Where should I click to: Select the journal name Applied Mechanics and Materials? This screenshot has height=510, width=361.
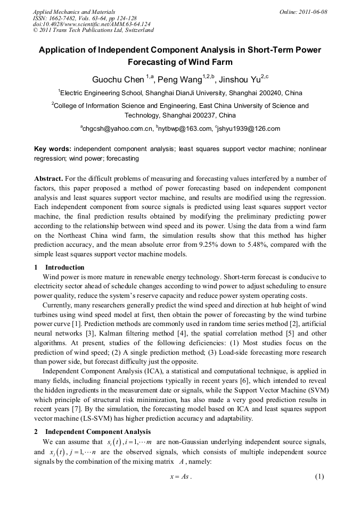(x=74, y=12)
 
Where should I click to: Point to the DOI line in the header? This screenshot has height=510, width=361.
(x=92, y=24)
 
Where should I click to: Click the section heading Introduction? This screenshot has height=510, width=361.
(x=64, y=267)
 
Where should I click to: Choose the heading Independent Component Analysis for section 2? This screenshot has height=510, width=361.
(x=98, y=431)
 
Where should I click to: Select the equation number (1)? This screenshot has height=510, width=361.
(x=319, y=476)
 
